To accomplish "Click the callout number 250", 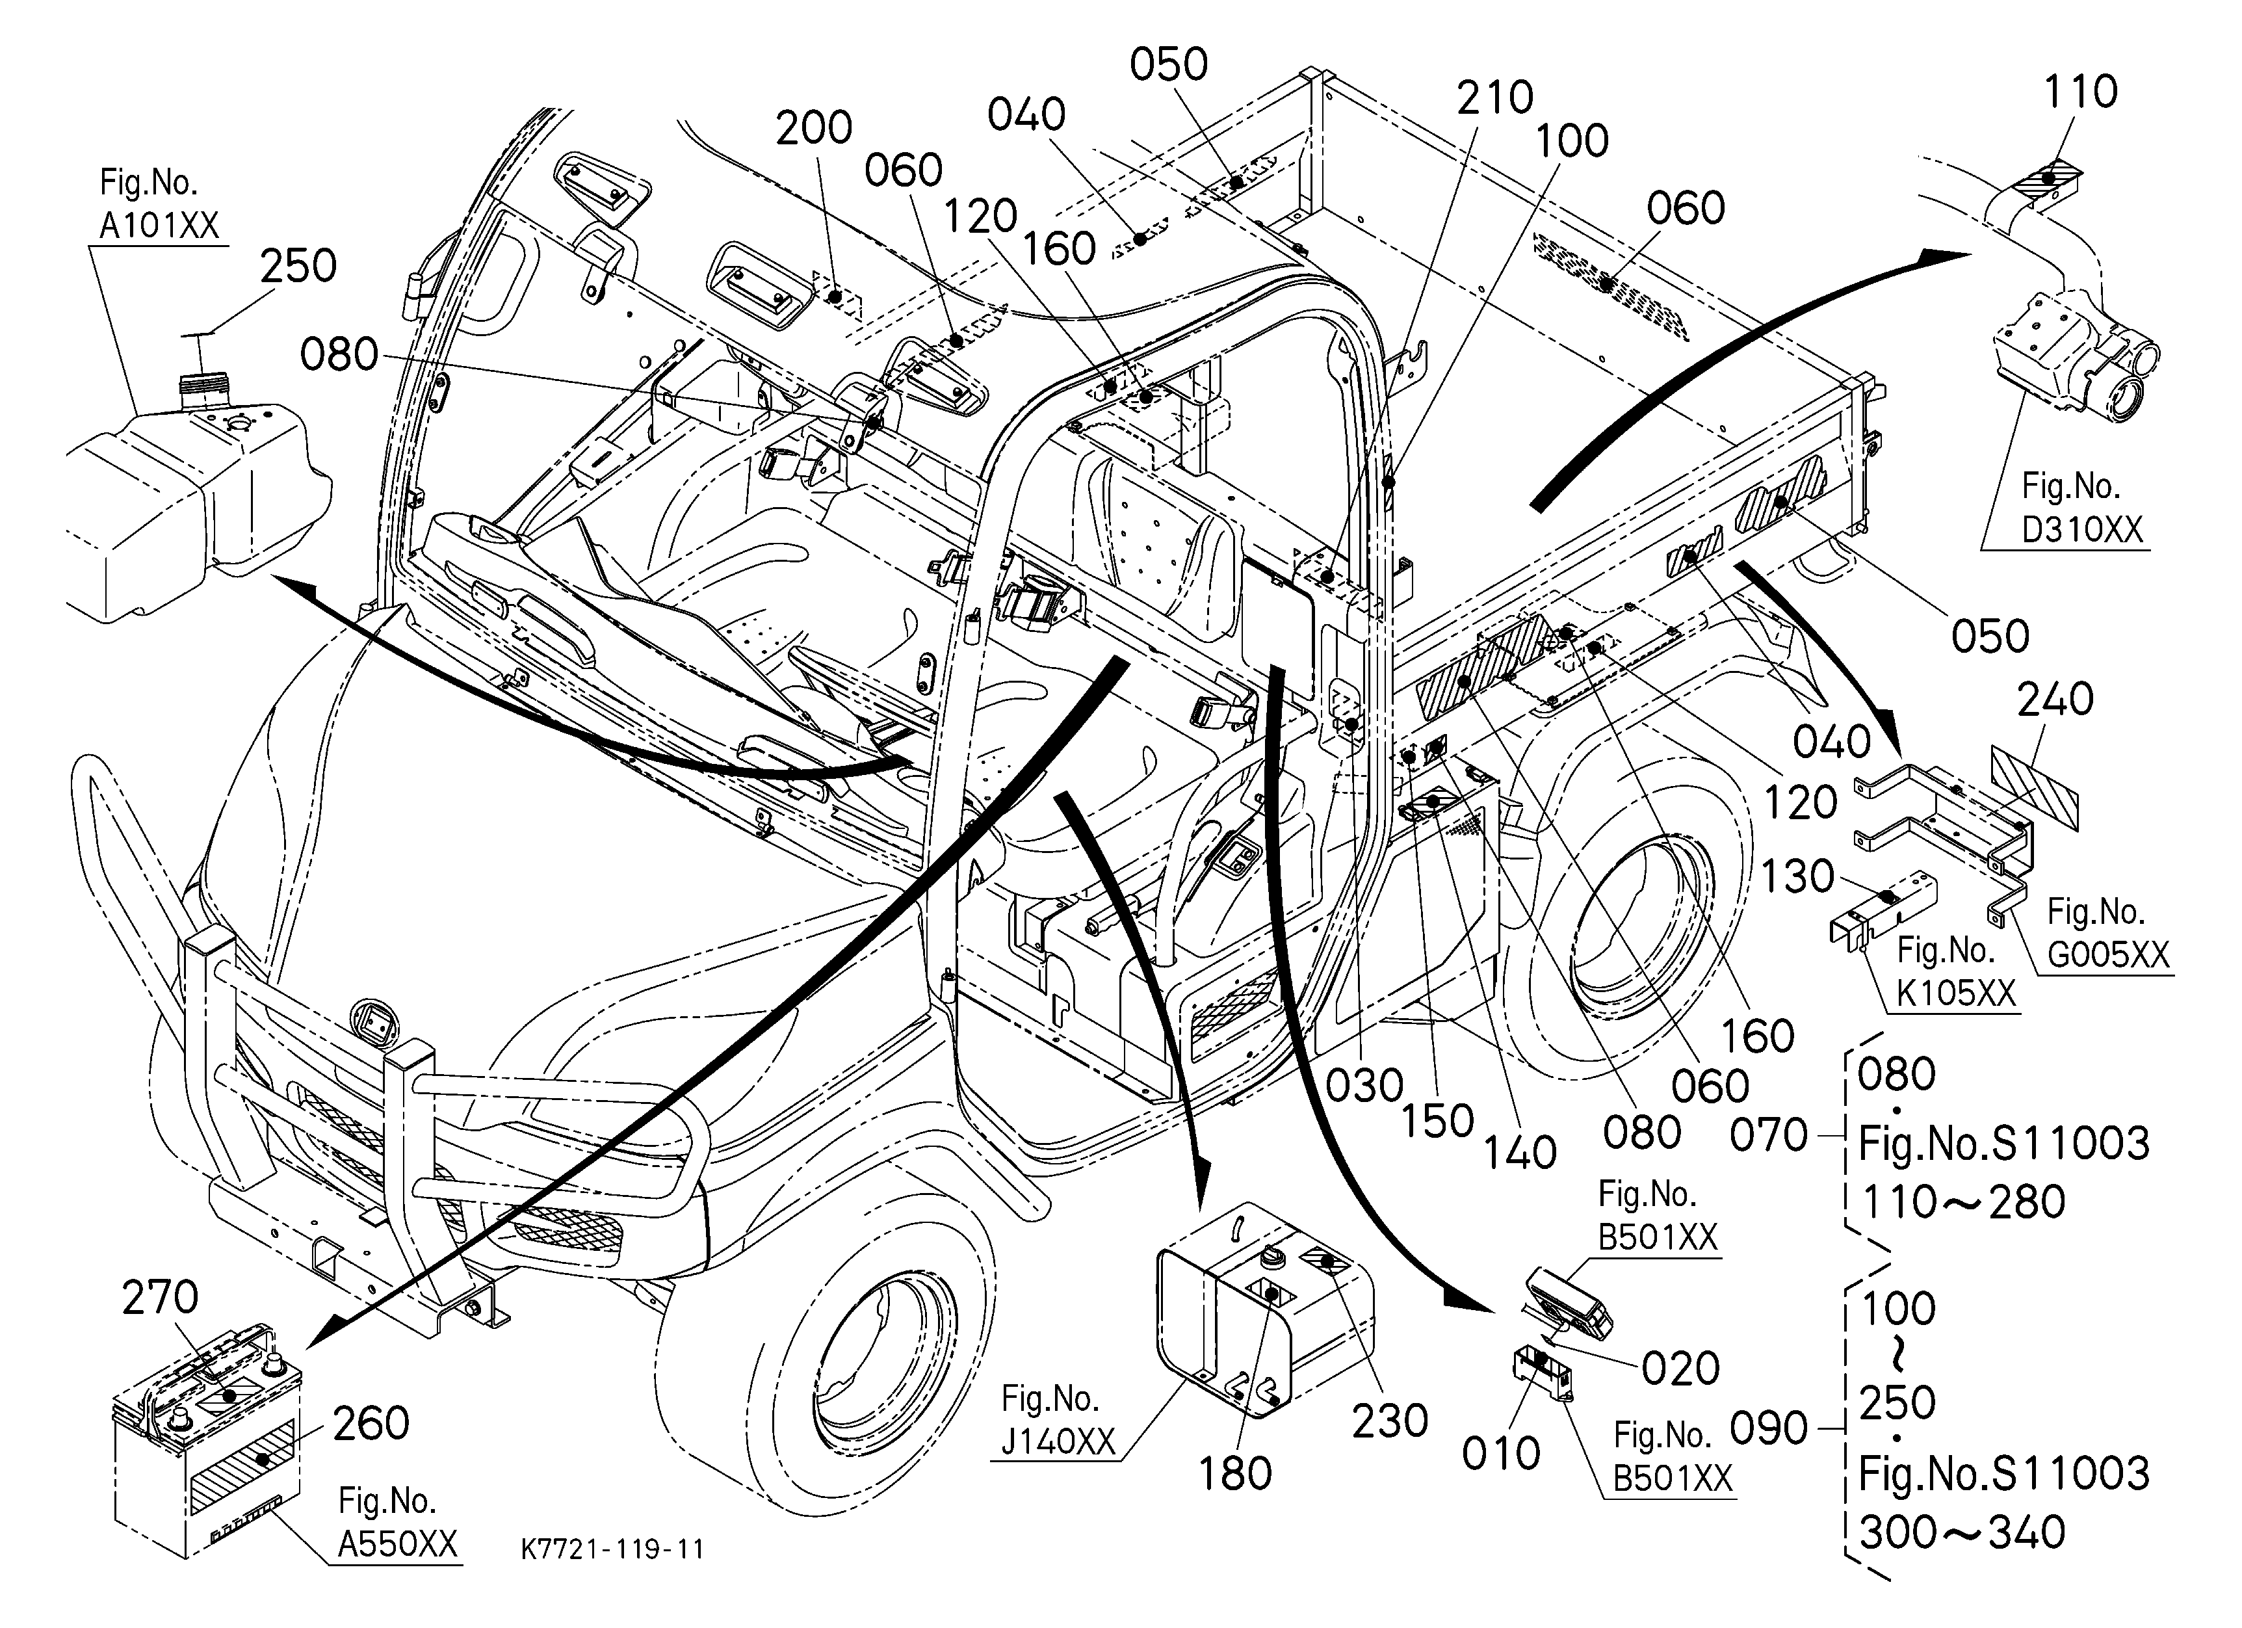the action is [298, 266].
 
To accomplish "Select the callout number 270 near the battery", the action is [160, 1297].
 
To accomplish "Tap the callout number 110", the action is [2080, 91].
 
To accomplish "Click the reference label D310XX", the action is [2082, 530].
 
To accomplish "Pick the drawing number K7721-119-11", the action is [613, 1549].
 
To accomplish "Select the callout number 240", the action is [2055, 700].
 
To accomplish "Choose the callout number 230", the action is [1390, 1421].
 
